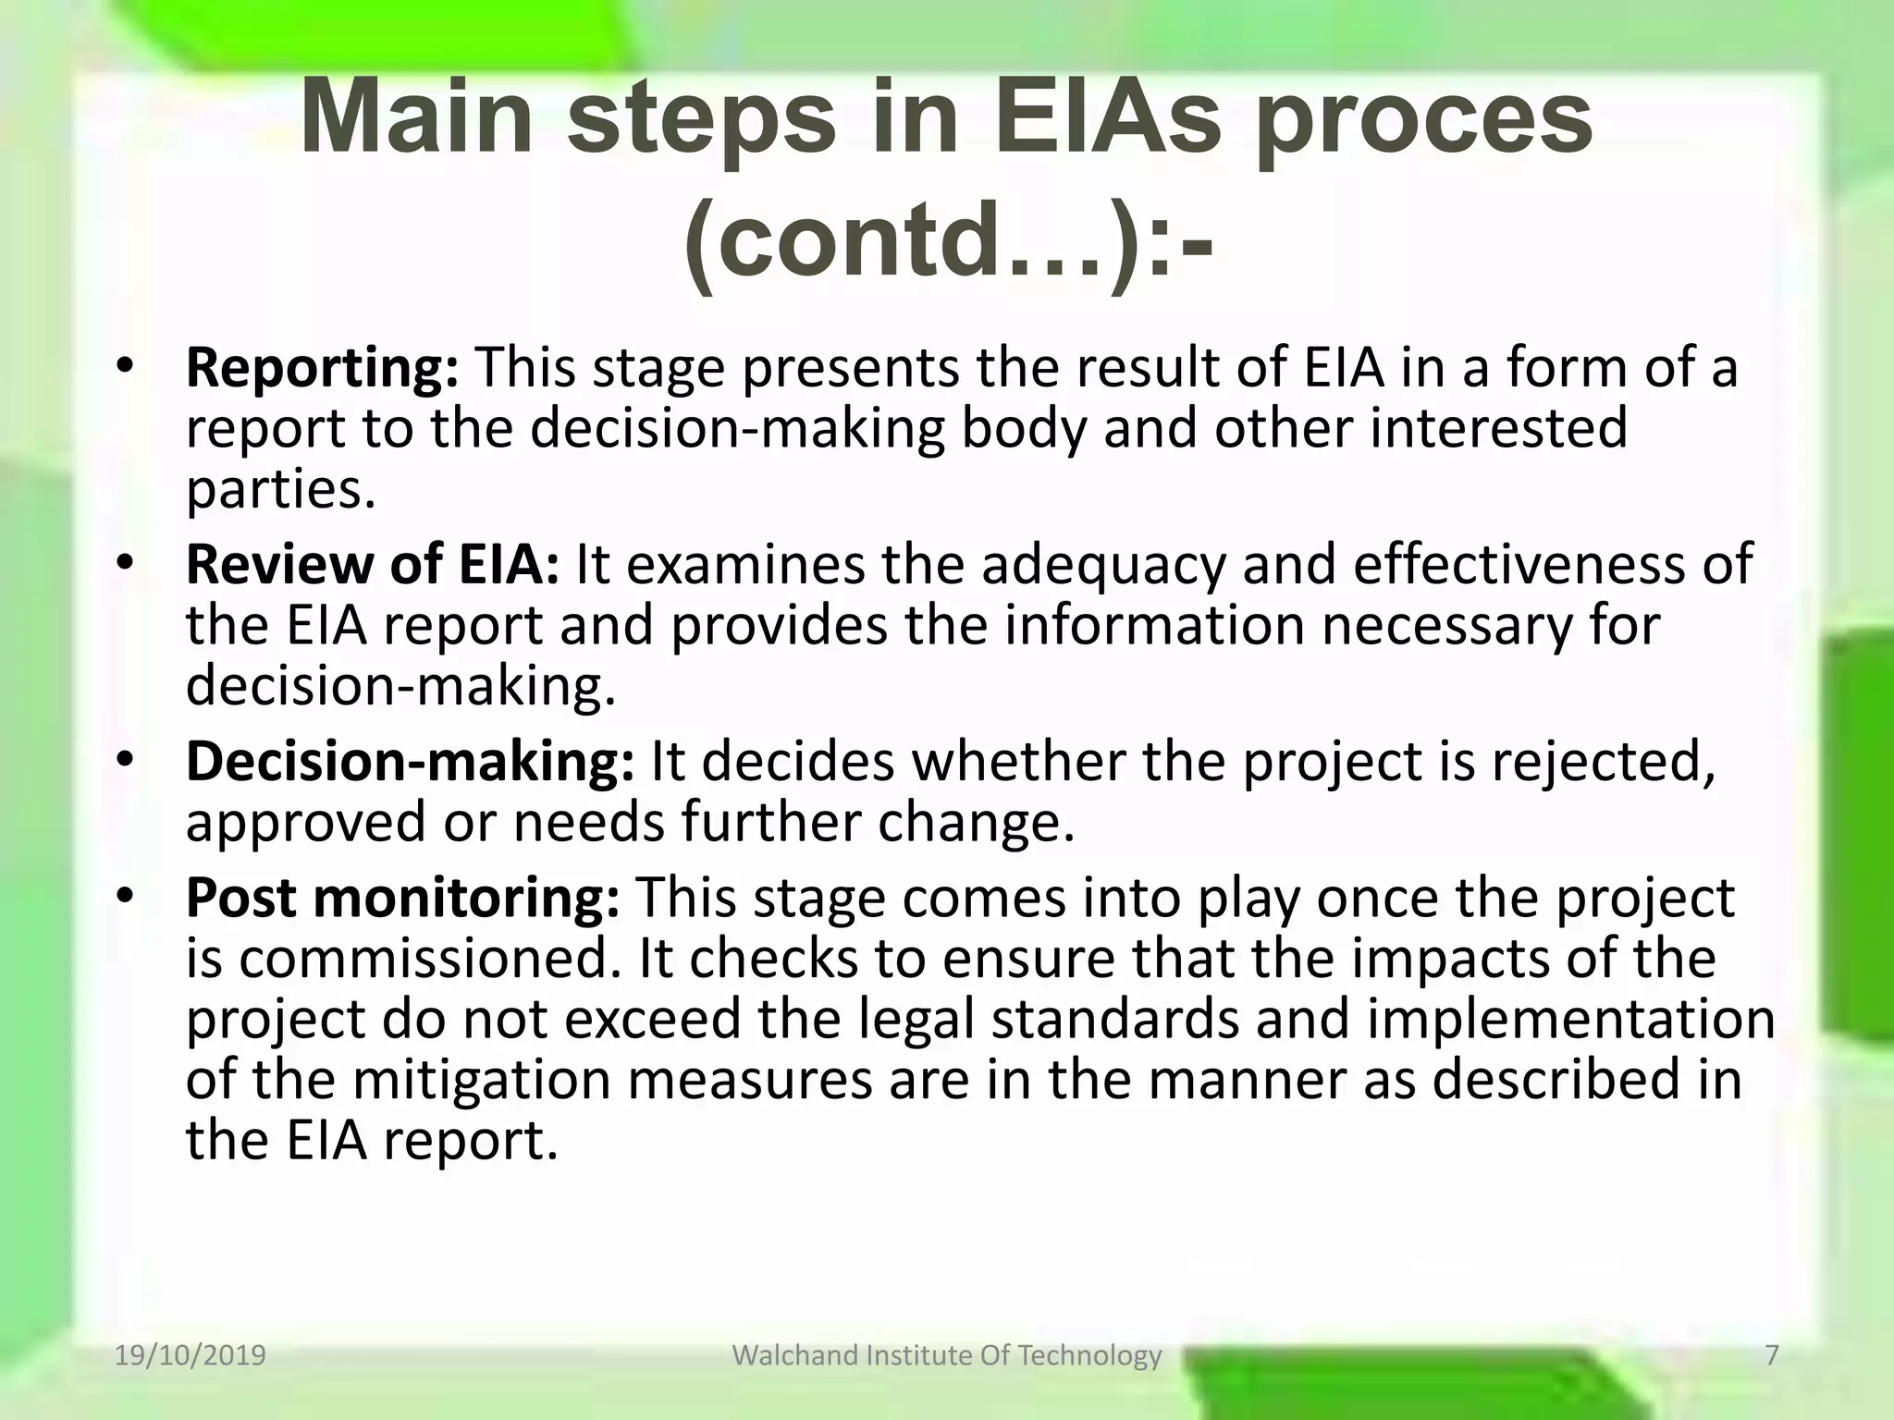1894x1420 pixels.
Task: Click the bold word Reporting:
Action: (322, 368)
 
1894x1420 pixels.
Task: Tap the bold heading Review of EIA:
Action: (372, 564)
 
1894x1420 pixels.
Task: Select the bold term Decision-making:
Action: (410, 762)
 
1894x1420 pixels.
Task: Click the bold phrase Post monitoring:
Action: (402, 898)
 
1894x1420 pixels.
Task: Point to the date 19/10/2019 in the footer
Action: (191, 1355)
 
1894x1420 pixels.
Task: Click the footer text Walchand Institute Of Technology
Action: (946, 1355)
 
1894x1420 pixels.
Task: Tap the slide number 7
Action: (1771, 1355)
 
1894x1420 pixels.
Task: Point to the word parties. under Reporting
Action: (281, 490)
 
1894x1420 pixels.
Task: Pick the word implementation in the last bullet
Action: (1570, 1019)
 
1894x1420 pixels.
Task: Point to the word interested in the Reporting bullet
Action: (1497, 429)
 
